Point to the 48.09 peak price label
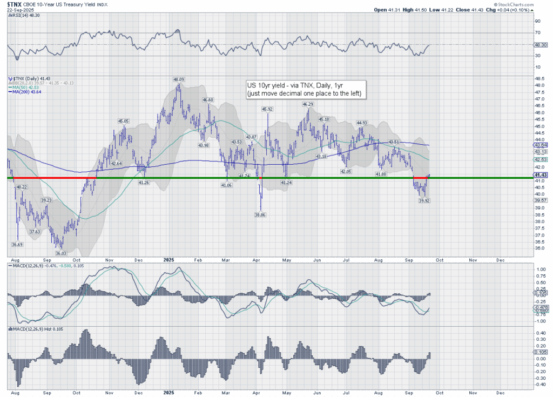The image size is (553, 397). point(178,79)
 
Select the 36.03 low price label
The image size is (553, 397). point(60,253)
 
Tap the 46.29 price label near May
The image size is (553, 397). point(308,104)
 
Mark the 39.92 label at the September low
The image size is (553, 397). point(424,200)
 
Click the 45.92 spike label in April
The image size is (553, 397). point(267,109)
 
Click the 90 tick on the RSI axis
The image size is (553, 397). point(537,22)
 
